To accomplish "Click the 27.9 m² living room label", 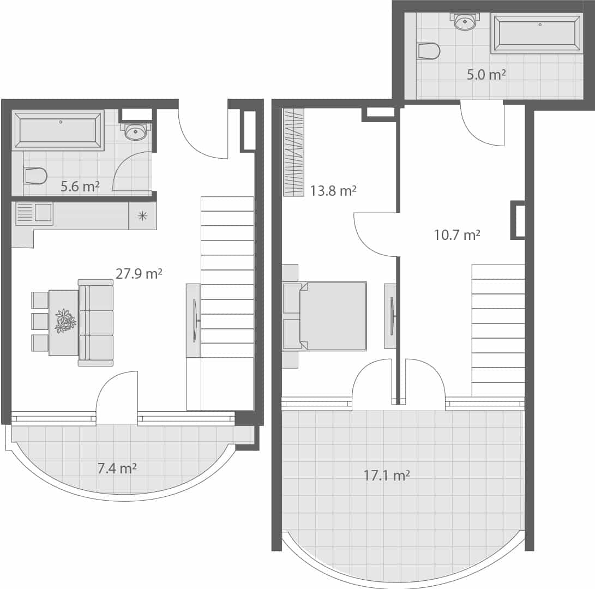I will [139, 273].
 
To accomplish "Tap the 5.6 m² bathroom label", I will [80, 186].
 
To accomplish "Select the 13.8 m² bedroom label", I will [333, 191].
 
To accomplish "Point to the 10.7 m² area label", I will [456, 235].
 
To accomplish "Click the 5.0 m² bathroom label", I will [486, 74].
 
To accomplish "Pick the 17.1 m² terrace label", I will [387, 476].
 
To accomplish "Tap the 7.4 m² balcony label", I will [117, 468].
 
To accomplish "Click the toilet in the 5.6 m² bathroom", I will [35, 176].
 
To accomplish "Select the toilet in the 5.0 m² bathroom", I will [429, 51].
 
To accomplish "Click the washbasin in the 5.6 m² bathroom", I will [135, 131].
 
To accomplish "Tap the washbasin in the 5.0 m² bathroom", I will [465, 22].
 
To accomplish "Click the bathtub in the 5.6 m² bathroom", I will [58, 130].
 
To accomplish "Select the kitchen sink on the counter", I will [34, 213].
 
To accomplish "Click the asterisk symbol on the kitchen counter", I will [142, 216].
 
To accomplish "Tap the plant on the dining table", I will [65, 321].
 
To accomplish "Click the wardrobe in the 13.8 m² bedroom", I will [293, 152].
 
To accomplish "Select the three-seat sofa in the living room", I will [96, 322].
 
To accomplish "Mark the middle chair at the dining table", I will [40, 321].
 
